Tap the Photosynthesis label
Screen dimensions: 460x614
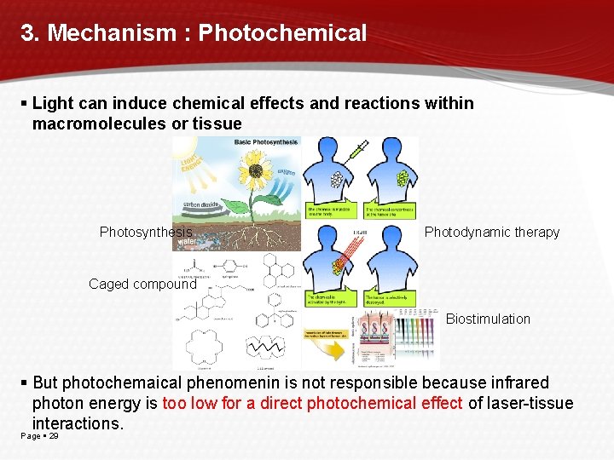(146, 232)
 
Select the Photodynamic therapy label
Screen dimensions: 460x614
(492, 232)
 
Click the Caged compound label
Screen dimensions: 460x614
(142, 284)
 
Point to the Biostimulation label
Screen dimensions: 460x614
(488, 319)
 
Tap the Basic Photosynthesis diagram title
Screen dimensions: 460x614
(265, 142)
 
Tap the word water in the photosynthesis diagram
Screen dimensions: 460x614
(186, 242)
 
